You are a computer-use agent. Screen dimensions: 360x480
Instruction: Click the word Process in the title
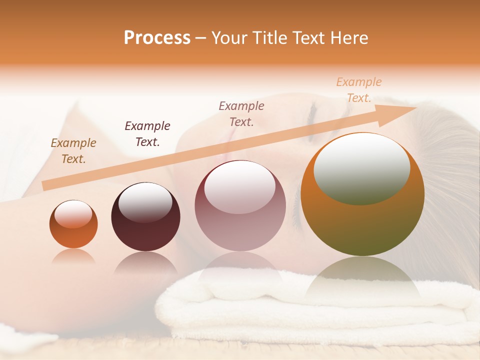157,38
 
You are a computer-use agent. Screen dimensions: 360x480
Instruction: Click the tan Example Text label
73,151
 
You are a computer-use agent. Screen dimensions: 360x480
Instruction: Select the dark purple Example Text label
147,133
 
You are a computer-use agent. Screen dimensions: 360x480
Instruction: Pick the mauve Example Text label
241,113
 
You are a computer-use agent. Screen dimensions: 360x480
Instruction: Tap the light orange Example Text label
359,90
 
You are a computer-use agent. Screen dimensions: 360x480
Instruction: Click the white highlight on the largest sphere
361,168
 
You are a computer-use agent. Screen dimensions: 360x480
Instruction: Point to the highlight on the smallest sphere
73,214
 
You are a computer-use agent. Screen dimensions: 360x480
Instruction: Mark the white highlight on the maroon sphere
145,202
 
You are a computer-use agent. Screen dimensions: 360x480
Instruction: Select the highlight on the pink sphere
240,187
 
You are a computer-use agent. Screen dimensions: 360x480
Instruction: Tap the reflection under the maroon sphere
145,262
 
